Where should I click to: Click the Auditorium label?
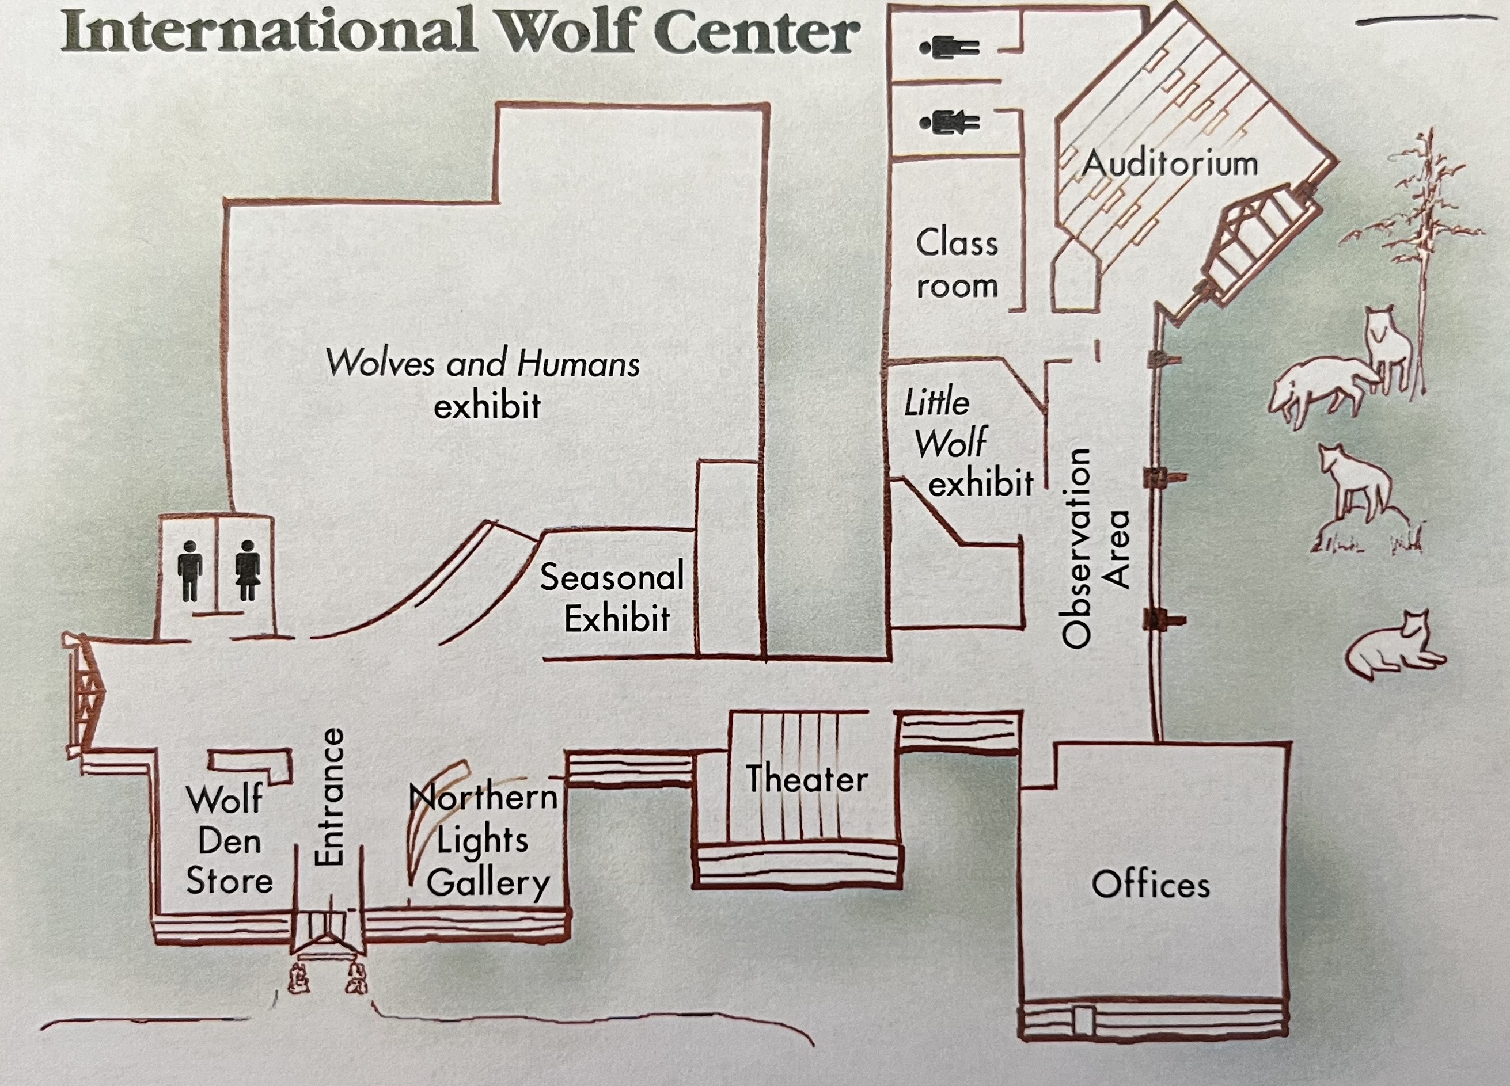click(x=1170, y=163)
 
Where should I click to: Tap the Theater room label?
click(x=806, y=779)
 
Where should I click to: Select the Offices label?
click(x=1151, y=885)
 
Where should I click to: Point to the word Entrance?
click(x=329, y=797)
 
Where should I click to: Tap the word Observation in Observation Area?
click(x=1076, y=548)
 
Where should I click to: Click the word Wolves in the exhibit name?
click(x=380, y=363)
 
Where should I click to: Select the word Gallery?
click(x=488, y=883)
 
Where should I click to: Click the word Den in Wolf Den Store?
click(x=230, y=841)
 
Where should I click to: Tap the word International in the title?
click(x=269, y=31)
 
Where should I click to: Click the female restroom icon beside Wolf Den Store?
click(x=248, y=570)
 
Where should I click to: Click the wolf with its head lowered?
click(x=1318, y=389)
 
